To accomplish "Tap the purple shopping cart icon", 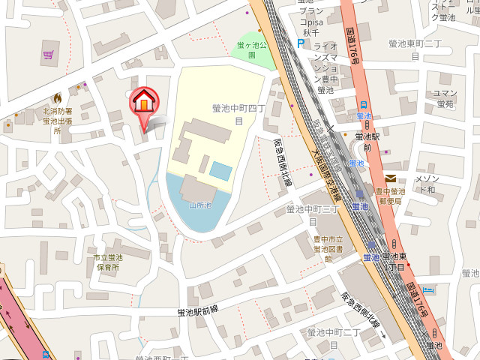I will (49, 55).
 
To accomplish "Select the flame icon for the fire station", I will (58, 97).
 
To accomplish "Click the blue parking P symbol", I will (300, 44).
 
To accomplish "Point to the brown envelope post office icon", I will (391, 178).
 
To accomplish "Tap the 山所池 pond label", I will (201, 204).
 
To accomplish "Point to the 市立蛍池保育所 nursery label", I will (107, 262).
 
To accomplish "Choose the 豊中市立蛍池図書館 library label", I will (322, 248).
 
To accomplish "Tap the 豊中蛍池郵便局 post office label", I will (391, 196).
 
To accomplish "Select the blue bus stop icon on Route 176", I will (364, 105).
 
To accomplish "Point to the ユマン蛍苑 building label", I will (445, 98).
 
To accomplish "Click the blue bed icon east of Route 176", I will (428, 290).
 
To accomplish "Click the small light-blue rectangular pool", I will (220, 170).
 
